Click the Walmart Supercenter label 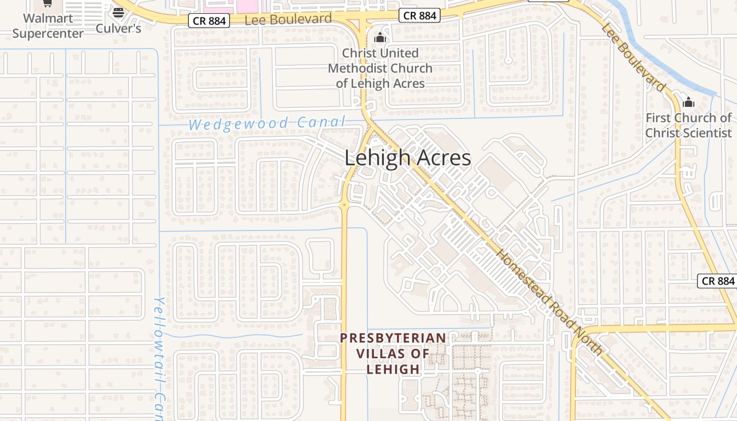click(48, 26)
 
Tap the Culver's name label click(118, 28)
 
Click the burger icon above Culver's click(118, 13)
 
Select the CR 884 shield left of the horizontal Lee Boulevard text click(209, 21)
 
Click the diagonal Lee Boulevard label click(634, 57)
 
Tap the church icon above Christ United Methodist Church click(380, 38)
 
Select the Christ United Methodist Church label click(380, 68)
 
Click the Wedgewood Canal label click(267, 124)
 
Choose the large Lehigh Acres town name click(407, 158)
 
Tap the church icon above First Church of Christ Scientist click(689, 102)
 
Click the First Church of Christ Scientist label click(689, 125)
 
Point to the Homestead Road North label click(550, 302)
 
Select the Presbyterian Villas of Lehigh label click(393, 353)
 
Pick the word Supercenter click(48, 34)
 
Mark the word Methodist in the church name click(380, 68)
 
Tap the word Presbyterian click(393, 338)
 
